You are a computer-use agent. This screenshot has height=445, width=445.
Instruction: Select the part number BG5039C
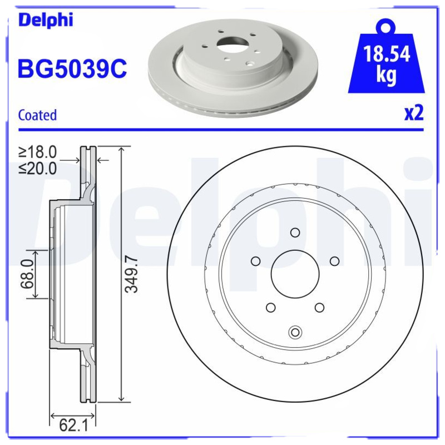point(72,70)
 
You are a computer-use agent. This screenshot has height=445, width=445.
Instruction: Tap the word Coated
point(37,115)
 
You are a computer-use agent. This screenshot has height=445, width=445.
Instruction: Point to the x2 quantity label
point(414,113)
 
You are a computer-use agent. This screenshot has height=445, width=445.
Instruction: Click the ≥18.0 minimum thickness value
point(37,152)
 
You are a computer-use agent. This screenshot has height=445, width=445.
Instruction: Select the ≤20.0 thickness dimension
point(37,169)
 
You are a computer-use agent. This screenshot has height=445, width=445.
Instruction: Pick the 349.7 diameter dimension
point(131,273)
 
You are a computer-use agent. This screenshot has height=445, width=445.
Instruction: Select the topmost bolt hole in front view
point(295,233)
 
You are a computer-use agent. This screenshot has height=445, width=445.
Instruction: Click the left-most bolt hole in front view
point(255,261)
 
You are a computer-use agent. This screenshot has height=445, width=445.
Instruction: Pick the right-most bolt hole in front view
point(334,261)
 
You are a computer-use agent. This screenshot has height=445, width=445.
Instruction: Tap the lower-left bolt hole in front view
point(270,308)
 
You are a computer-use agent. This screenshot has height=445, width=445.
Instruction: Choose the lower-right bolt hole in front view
point(319,308)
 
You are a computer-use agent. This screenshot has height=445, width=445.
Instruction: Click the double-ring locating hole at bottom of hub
point(295,332)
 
